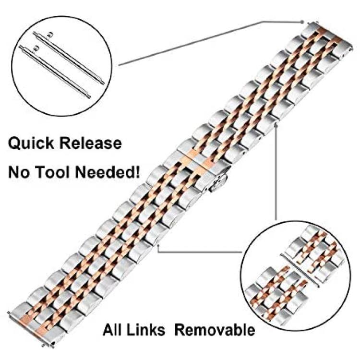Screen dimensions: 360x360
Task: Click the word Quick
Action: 32,144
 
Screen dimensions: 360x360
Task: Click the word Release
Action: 91,143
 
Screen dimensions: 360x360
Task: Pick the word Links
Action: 145,330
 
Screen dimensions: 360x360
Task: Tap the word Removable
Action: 215,330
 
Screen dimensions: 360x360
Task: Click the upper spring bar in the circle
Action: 69,58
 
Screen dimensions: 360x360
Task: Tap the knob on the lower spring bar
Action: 36,48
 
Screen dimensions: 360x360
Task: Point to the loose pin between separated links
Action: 300,270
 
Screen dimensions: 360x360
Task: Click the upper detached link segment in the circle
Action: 316,252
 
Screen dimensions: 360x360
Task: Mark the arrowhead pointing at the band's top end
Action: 302,22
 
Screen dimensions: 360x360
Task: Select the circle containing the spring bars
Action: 62,66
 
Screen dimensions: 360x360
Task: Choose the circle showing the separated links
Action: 296,276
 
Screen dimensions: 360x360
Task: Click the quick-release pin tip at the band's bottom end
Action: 9,312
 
